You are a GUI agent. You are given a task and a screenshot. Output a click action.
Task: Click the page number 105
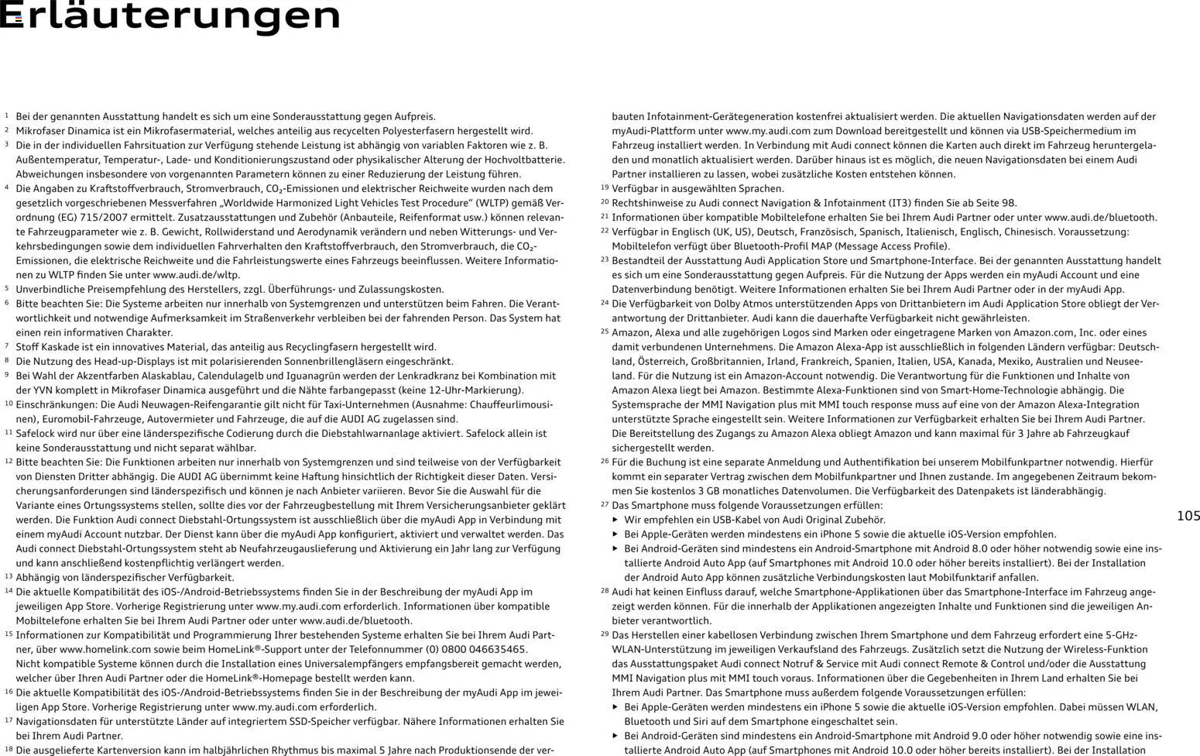coord(1188,516)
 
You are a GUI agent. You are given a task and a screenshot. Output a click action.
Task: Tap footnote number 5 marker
coord(6,288)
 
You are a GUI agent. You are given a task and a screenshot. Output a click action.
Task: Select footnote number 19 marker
coord(604,187)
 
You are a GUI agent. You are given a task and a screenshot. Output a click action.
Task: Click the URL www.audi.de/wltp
coord(196,274)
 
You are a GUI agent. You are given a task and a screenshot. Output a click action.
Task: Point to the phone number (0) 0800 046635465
coord(467,649)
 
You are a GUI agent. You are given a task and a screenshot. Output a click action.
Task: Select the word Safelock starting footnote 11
coord(36,433)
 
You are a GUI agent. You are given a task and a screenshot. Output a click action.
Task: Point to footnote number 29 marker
coord(604,634)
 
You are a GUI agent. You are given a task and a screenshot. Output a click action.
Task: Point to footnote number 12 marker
coord(9,461)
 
